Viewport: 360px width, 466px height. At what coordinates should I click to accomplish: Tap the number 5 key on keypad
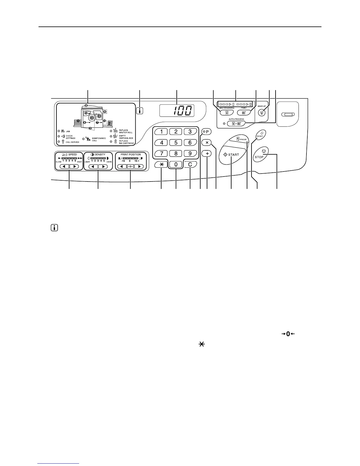tap(176, 143)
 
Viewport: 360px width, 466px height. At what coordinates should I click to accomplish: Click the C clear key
tap(190, 164)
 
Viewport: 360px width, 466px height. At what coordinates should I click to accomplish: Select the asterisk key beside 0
tap(161, 164)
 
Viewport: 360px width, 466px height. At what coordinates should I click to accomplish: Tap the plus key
tap(207, 154)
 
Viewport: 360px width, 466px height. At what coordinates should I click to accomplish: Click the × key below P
tap(207, 142)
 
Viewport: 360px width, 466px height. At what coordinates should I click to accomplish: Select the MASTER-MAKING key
tap(226, 112)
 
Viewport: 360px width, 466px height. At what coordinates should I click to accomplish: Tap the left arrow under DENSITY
tap(93, 167)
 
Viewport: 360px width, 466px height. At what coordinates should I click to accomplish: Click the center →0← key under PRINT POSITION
tap(130, 167)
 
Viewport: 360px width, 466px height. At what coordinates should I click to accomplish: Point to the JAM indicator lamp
tap(59, 131)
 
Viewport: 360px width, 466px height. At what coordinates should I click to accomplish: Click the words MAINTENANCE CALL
tap(99, 139)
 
